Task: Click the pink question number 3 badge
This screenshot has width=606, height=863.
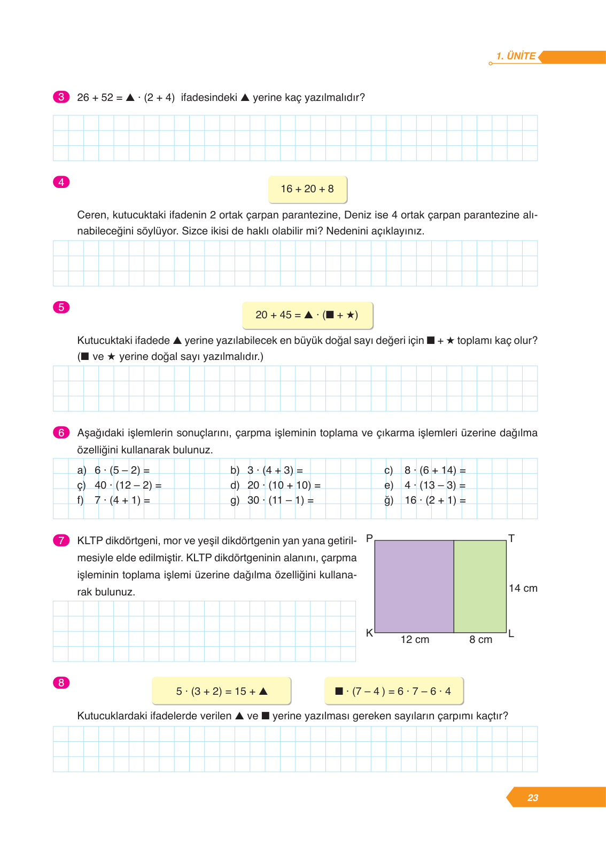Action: [x=61, y=97]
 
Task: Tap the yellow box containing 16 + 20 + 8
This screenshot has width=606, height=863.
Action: [x=307, y=189]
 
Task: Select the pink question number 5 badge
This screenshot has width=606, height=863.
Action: [x=61, y=307]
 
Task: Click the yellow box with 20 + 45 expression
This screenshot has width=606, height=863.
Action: [x=307, y=315]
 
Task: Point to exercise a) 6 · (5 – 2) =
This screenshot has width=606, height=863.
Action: [x=113, y=470]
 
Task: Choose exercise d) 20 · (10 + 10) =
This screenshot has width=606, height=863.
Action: [x=275, y=485]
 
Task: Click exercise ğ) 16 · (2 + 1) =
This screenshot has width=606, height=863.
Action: [x=425, y=500]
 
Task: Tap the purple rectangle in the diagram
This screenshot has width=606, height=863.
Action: [x=414, y=586]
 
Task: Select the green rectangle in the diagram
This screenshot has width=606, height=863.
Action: [x=480, y=586]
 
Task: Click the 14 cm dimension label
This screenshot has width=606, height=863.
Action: [x=523, y=589]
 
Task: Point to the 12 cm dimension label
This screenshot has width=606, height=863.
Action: [x=415, y=640]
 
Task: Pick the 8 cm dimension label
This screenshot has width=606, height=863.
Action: [x=480, y=640]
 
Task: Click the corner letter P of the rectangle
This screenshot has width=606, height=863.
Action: [x=369, y=538]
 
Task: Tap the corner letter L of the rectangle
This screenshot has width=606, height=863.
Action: [x=511, y=634]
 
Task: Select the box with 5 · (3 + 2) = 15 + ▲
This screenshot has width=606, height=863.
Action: [x=221, y=692]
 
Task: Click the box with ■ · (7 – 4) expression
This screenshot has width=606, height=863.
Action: [x=393, y=692]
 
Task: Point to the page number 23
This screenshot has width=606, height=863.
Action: [x=533, y=798]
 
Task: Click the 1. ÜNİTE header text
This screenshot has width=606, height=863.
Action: [x=516, y=56]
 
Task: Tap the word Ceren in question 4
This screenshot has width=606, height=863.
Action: [x=92, y=215]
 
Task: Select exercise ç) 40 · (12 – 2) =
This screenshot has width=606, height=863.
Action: [x=119, y=485]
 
